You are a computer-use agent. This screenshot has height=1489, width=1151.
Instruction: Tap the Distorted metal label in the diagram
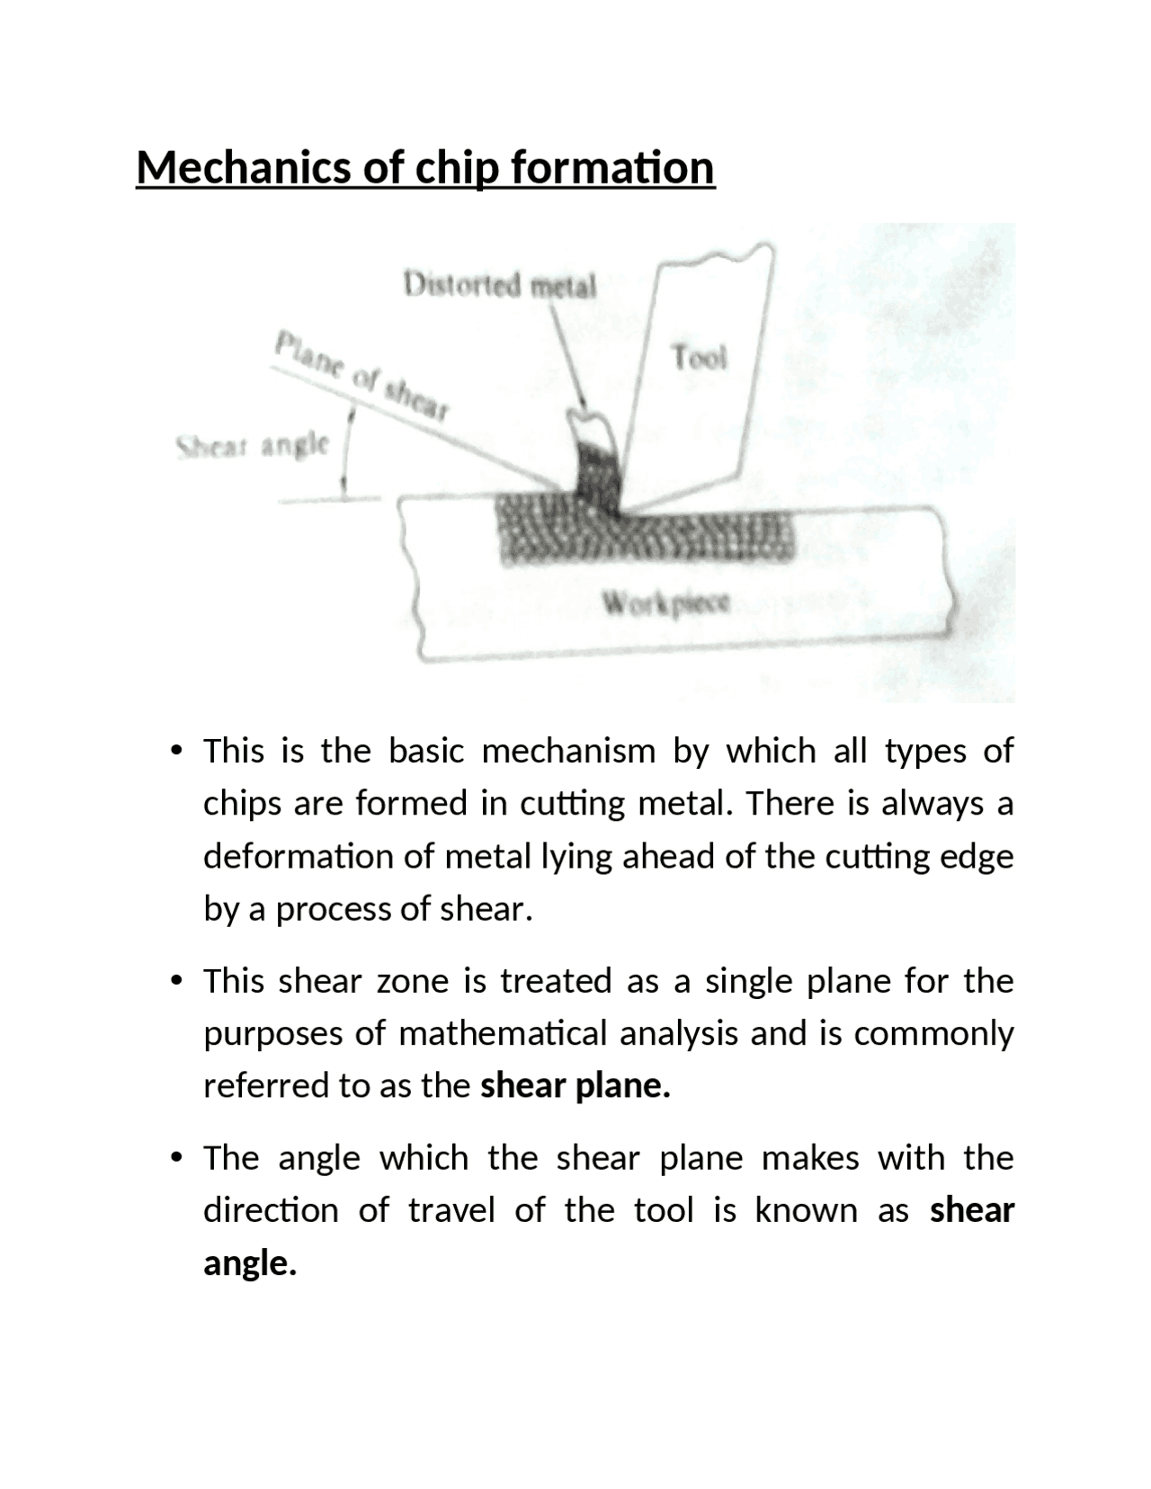(500, 286)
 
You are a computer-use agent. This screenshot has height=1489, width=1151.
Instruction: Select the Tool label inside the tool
(699, 357)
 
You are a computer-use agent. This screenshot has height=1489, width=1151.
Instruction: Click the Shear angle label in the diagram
(252, 446)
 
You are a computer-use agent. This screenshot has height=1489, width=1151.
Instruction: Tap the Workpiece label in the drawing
(665, 602)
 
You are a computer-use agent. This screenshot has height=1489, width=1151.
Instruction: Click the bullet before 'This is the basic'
(176, 751)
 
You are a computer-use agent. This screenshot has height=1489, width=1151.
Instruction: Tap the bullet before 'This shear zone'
(176, 981)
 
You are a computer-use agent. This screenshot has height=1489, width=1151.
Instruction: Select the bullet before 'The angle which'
(176, 1158)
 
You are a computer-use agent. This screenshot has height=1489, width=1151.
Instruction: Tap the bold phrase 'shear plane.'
(575, 1086)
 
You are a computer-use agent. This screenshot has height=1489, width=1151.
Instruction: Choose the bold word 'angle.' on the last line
(250, 1264)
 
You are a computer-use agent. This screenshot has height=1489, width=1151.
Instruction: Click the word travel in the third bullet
(451, 1211)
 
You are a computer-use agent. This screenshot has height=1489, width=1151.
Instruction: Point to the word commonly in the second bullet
(933, 1034)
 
